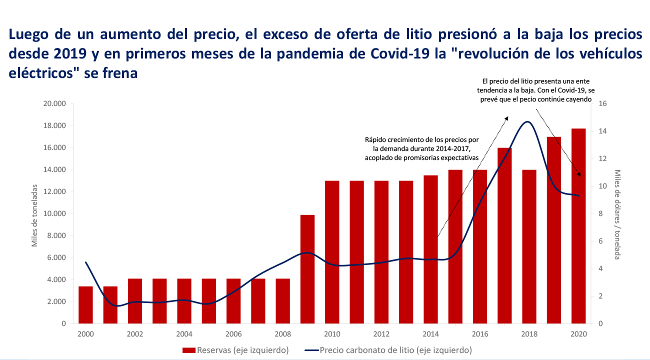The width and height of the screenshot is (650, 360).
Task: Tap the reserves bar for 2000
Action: tap(86, 305)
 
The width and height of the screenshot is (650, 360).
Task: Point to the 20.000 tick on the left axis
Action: tap(56, 104)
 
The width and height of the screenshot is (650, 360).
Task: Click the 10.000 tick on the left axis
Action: tap(56, 214)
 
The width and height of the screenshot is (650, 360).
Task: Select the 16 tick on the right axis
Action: tap(602, 104)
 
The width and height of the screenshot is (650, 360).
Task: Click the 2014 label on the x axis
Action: tap(430, 334)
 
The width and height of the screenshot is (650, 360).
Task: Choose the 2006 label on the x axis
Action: tap(233, 334)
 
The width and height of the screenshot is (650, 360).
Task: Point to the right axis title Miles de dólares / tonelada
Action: tap(618, 214)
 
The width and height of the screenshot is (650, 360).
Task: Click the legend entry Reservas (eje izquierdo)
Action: tap(235, 350)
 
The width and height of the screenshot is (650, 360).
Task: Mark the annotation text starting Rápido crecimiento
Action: tap(422, 148)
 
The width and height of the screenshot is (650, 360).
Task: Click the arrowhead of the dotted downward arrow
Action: tap(579, 174)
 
